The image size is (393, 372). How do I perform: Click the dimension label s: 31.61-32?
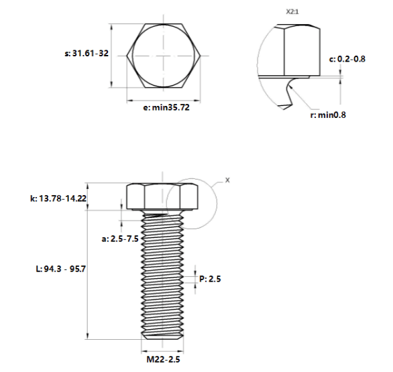click(87, 54)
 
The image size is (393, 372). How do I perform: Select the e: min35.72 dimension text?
click(166, 107)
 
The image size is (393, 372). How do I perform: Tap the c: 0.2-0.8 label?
click(347, 59)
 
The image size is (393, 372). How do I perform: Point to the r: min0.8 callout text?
click(328, 115)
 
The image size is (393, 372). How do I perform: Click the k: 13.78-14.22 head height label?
click(58, 198)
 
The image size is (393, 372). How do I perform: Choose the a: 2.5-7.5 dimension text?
click(120, 239)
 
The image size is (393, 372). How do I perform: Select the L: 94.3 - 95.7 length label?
click(61, 269)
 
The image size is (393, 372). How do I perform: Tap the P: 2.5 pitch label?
click(210, 279)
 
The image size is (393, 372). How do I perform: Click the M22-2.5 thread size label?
click(163, 359)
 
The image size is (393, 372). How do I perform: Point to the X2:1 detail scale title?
click(292, 12)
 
